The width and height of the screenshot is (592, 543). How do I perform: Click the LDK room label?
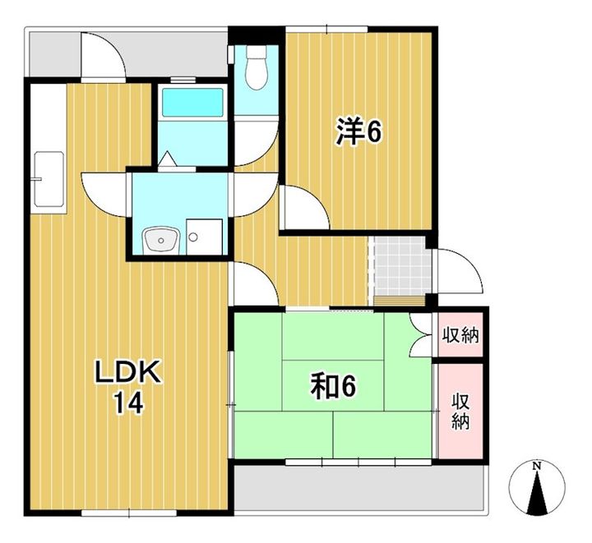(128, 372)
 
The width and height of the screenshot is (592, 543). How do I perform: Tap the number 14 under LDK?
(129, 403)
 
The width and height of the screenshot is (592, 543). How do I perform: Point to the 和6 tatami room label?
(333, 387)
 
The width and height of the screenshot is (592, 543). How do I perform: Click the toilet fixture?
(257, 68)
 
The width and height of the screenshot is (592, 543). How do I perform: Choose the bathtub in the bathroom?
(192, 103)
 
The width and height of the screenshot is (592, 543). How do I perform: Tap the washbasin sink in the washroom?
(161, 240)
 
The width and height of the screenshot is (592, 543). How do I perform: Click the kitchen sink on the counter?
(49, 179)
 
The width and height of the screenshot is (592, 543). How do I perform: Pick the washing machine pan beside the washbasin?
(204, 237)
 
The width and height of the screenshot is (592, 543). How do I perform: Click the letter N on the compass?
(536, 466)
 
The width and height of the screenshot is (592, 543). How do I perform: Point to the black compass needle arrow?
(536, 493)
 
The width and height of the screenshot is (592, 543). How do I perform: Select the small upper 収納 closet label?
(460, 334)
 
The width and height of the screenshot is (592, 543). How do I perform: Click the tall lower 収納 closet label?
(461, 412)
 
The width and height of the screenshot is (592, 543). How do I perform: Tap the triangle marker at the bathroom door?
(167, 159)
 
